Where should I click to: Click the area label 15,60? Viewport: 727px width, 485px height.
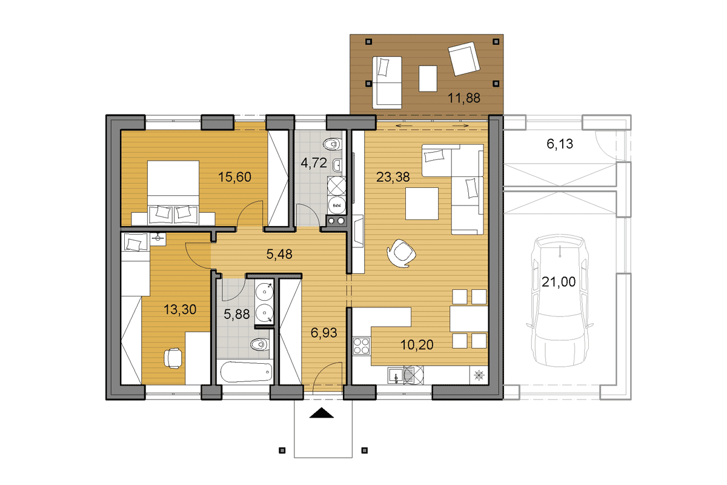[234, 177]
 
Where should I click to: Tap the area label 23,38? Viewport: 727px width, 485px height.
[393, 177]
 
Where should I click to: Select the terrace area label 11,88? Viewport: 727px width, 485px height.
[464, 98]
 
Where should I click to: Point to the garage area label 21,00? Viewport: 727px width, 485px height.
[559, 282]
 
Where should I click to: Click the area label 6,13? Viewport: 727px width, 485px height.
[560, 144]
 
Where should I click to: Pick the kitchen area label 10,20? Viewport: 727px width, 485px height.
[417, 345]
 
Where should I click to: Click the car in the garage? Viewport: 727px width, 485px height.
[560, 301]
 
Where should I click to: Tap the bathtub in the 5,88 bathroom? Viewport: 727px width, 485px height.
[246, 372]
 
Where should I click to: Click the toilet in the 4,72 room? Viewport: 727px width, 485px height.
[333, 144]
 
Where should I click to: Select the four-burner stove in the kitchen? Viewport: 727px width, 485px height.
[361, 346]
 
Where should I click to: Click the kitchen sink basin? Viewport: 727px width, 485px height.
[396, 376]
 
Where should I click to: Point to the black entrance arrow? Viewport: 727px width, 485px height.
[322, 413]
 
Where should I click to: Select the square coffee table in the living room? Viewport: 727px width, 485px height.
[422, 204]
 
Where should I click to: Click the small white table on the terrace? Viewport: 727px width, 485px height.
[428, 79]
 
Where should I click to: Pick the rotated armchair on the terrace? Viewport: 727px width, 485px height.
[464, 59]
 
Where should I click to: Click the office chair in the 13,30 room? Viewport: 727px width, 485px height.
[173, 358]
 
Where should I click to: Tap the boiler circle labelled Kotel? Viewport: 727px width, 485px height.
[337, 206]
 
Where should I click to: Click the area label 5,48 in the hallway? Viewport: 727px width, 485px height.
[279, 254]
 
